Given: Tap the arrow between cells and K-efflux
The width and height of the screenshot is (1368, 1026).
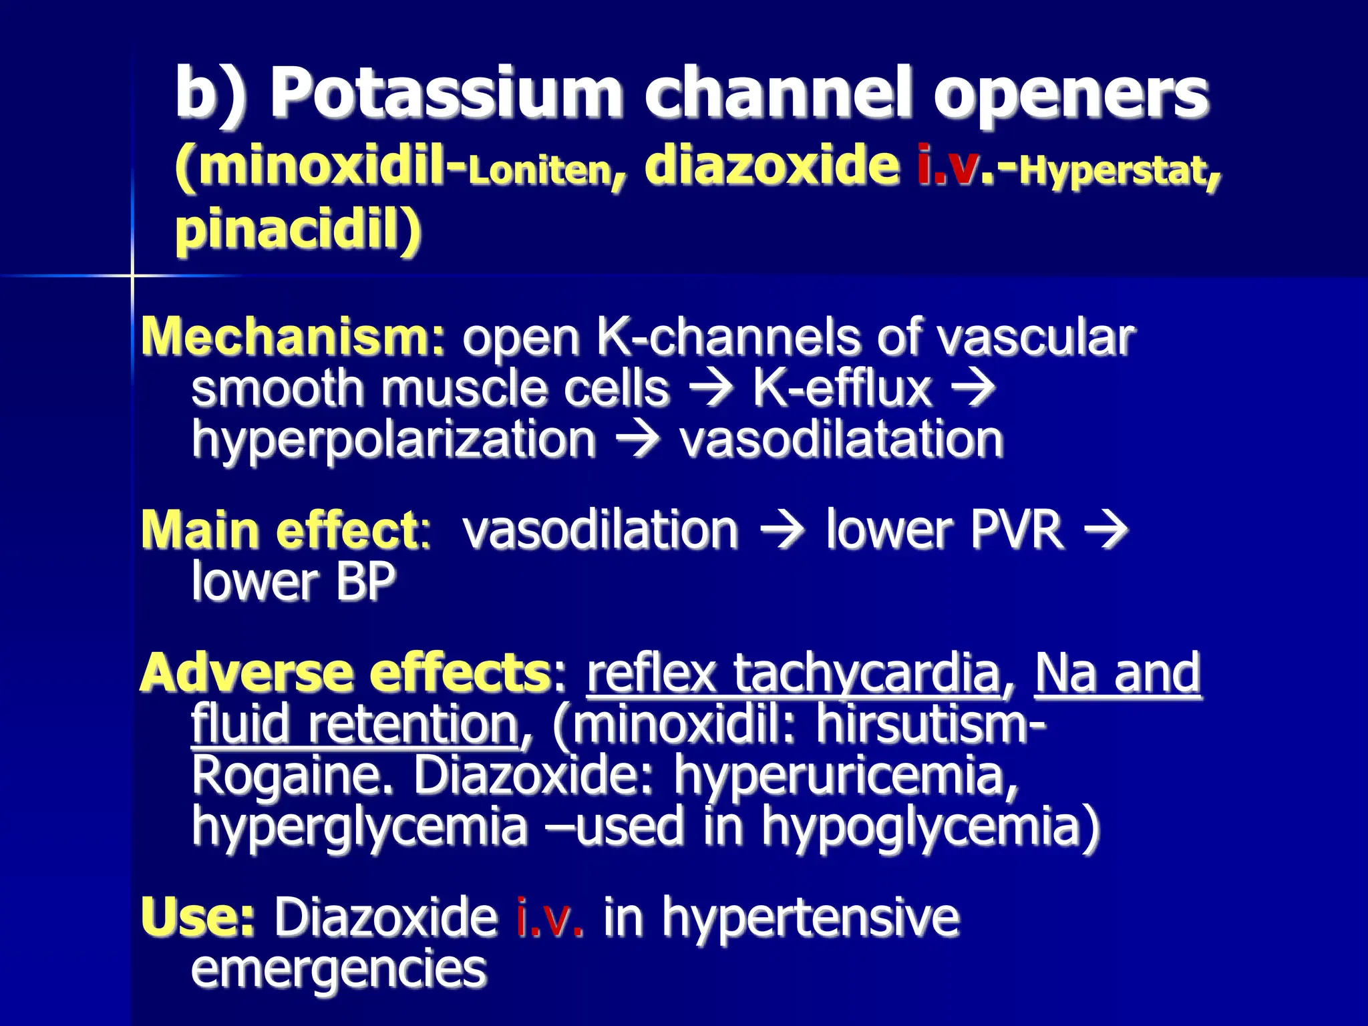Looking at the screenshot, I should click(711, 387).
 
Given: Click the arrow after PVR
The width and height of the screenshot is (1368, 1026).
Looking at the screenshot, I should click(1105, 529).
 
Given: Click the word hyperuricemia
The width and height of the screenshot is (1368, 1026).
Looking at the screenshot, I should click(845, 775).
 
